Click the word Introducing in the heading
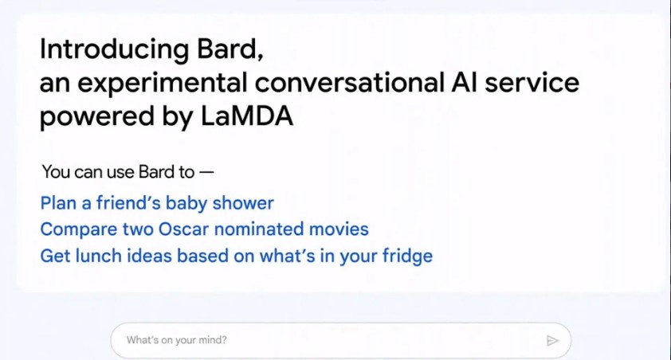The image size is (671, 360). pyautogui.click(x=114, y=50)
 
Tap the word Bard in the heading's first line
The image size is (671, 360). pyautogui.click(x=227, y=49)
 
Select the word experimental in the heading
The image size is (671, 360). pyautogui.click(x=163, y=84)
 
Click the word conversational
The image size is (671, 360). pyautogui.click(x=350, y=83)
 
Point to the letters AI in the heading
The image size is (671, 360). pyautogui.click(x=465, y=83)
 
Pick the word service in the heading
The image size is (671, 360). pyautogui.click(x=532, y=83)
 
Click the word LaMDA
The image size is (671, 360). pyautogui.click(x=247, y=115)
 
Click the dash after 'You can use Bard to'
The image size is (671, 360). pyautogui.click(x=206, y=172)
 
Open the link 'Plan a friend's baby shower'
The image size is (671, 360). pyautogui.click(x=157, y=204)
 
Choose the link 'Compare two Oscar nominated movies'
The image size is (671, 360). pyautogui.click(x=205, y=229)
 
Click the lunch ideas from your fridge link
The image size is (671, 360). pyautogui.click(x=237, y=256)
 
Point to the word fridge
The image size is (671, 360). pyautogui.click(x=407, y=256)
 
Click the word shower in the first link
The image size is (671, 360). pyautogui.click(x=243, y=204)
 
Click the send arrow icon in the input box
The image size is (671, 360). pyautogui.click(x=552, y=340)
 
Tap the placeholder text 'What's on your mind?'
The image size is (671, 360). pyautogui.click(x=177, y=340)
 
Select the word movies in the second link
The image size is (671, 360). pyautogui.click(x=339, y=229)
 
